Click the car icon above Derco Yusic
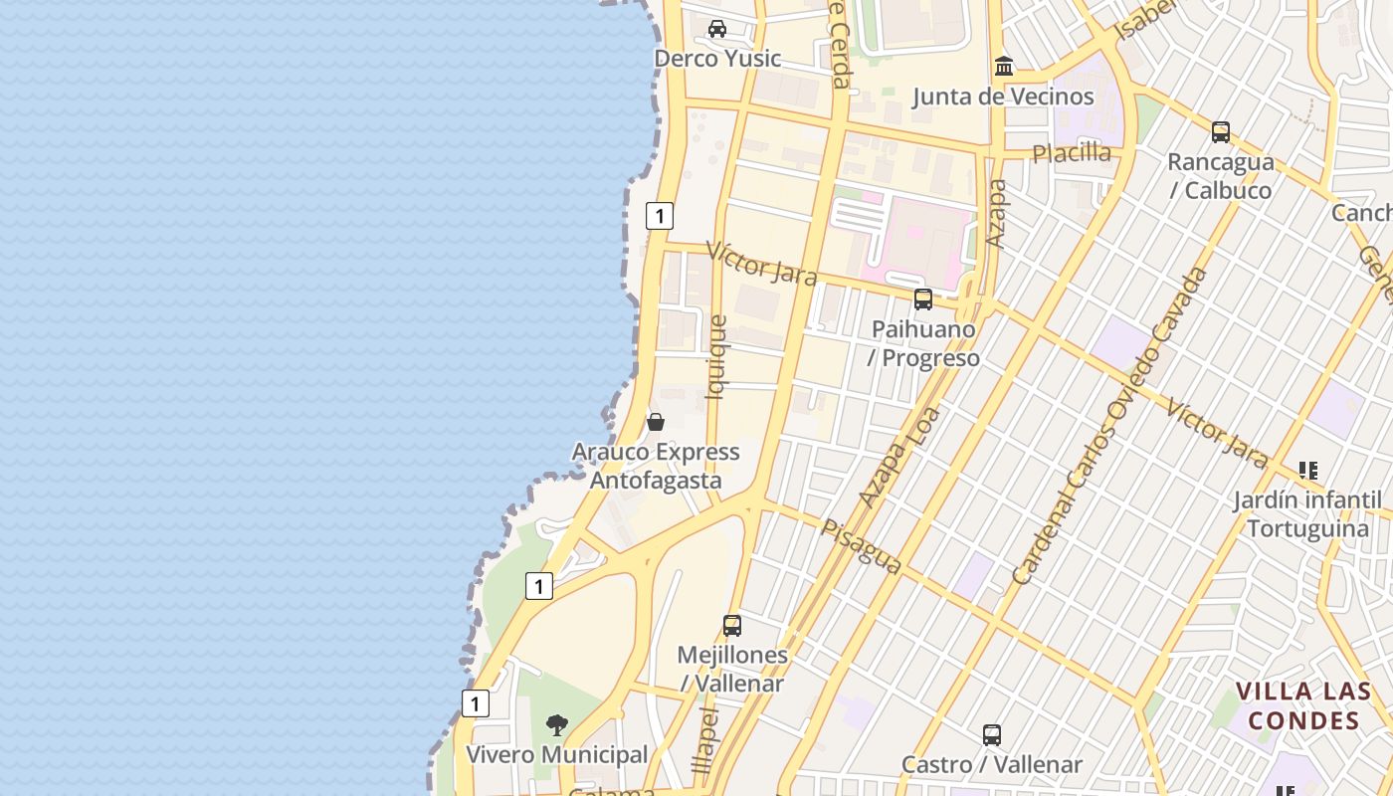pyautogui.click(x=717, y=29)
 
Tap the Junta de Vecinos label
pyautogui.click(x=1003, y=97)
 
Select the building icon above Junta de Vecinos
pyautogui.click(x=1004, y=67)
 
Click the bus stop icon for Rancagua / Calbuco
pyautogui.click(x=1221, y=131)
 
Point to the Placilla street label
pyautogui.click(x=1072, y=153)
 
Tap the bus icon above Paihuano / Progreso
pyautogui.click(x=923, y=298)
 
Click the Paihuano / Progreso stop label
pyautogui.click(x=924, y=343)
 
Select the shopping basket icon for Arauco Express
pyautogui.click(x=656, y=422)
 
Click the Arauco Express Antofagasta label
pyautogui.click(x=656, y=466)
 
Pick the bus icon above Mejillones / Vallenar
pyautogui.click(x=732, y=626)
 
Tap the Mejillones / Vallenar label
pyautogui.click(x=732, y=670)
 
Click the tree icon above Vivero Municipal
pyautogui.click(x=557, y=724)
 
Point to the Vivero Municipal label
pyautogui.click(x=557, y=755)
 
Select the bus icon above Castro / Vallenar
pyautogui.click(x=992, y=735)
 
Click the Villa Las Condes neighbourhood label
pyautogui.click(x=1303, y=705)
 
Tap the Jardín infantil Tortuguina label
pyautogui.click(x=1307, y=513)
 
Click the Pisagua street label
pyautogui.click(x=862, y=546)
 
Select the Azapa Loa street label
pyautogui.click(x=899, y=457)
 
